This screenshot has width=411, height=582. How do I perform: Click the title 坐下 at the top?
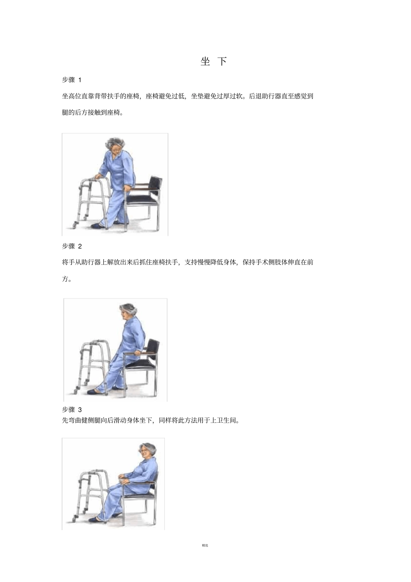tap(214, 61)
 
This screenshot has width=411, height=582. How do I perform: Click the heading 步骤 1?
tap(71, 80)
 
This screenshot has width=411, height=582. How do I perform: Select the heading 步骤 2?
tap(71, 246)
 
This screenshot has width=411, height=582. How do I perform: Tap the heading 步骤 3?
tap(71, 409)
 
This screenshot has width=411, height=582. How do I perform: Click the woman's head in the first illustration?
tap(115, 146)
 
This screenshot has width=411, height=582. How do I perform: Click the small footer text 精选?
tap(205, 545)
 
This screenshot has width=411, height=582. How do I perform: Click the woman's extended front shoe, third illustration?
tap(96, 519)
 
